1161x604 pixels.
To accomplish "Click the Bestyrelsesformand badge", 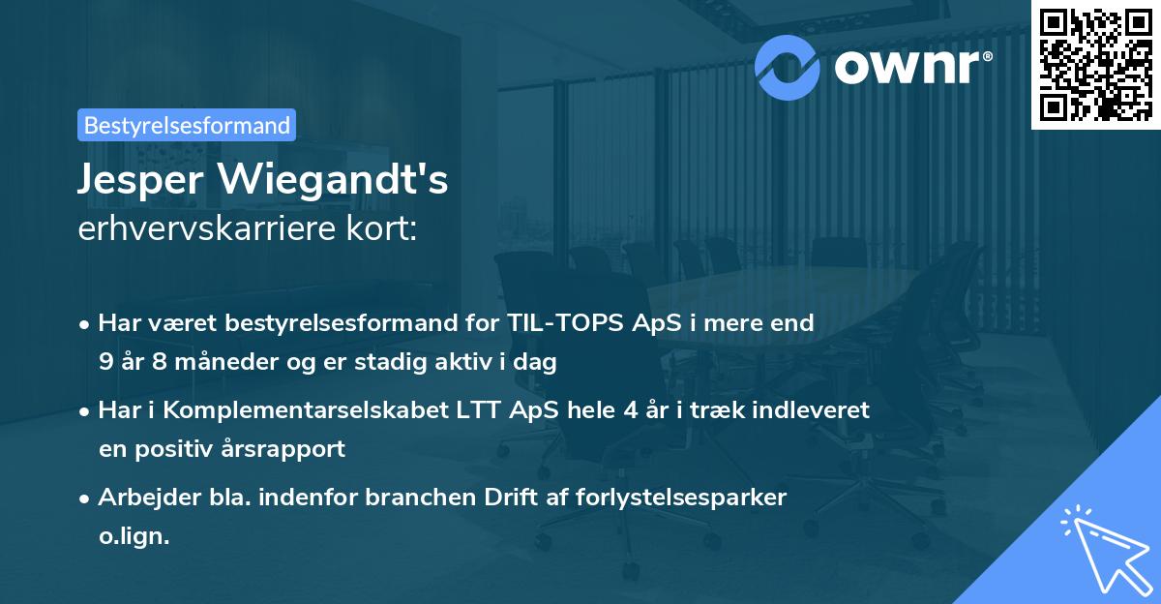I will point(187,125).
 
